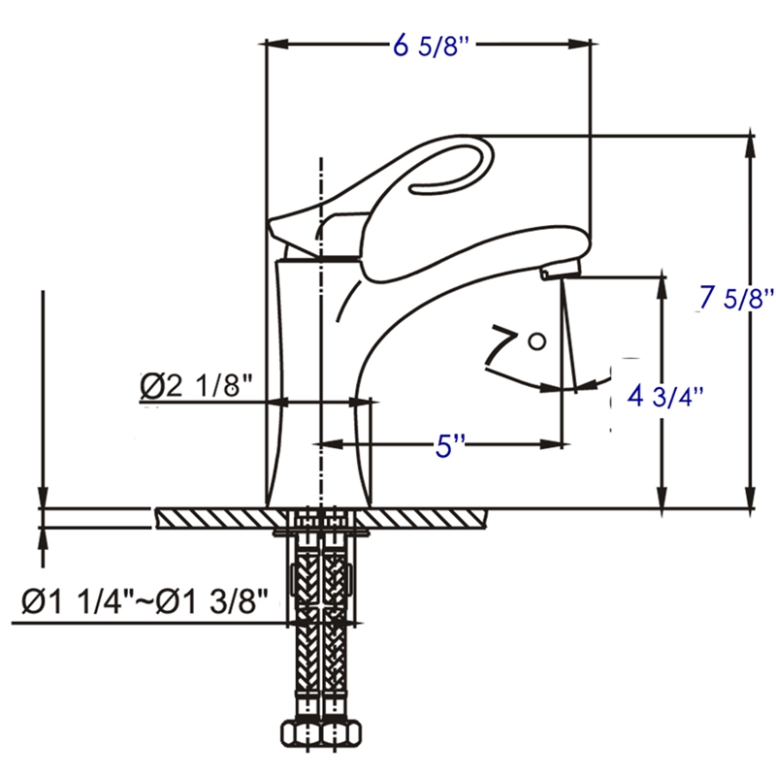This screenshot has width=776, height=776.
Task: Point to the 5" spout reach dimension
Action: (449, 446)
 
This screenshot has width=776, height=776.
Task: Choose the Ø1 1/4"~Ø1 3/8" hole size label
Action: (144, 602)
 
